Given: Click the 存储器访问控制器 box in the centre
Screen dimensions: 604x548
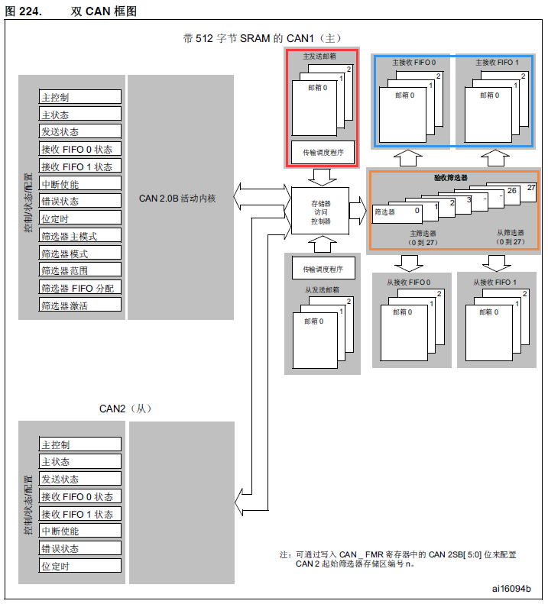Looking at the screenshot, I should (320, 212).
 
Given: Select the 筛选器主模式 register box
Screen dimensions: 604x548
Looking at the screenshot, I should (80, 236).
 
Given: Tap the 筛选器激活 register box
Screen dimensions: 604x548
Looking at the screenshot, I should (80, 305).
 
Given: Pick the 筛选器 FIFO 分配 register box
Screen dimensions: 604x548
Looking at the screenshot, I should (80, 288).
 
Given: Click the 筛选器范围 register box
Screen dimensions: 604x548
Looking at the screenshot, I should (80, 270).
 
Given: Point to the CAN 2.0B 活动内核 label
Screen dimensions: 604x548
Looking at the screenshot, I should (177, 199).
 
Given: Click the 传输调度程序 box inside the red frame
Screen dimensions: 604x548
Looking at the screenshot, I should (323, 153).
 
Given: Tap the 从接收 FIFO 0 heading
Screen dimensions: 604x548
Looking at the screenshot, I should (408, 283).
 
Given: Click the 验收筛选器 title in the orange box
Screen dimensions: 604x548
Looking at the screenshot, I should (451, 177).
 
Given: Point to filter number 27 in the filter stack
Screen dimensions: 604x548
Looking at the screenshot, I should (531, 187).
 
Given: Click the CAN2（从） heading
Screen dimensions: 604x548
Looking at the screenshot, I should (125, 409).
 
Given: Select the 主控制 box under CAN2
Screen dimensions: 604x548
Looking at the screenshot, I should (80, 444).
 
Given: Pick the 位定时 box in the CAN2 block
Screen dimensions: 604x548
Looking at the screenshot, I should (80, 566).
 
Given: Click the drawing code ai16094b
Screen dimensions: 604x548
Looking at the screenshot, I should (511, 589).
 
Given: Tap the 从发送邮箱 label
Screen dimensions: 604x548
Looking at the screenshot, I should (321, 289).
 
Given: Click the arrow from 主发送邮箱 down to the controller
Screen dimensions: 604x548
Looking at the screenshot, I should (321, 176).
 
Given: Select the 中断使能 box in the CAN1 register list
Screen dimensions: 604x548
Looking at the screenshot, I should (80, 184).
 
